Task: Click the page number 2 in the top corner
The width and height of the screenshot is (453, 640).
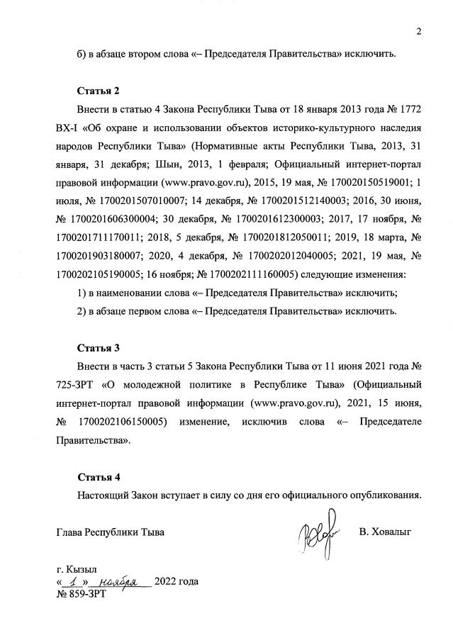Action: [x=419, y=30]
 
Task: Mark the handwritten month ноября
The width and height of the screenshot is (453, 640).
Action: [x=119, y=581]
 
